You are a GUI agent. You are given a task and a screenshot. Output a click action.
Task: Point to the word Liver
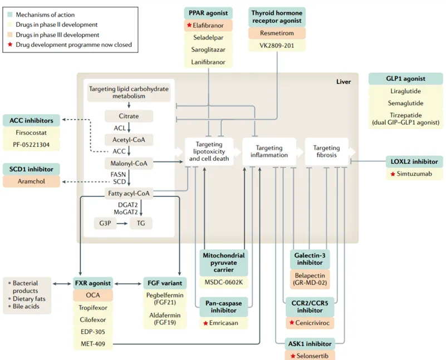click(x=344, y=82)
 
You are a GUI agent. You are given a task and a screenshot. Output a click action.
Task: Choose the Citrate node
click(x=128, y=116)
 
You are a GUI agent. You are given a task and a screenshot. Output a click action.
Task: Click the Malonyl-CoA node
click(x=128, y=163)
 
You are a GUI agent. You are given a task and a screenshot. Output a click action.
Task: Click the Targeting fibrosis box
click(x=326, y=151)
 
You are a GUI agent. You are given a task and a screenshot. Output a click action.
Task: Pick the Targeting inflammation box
click(x=269, y=151)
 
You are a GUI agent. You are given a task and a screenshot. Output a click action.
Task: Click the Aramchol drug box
click(x=31, y=182)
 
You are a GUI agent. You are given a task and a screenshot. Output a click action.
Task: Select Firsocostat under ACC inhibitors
click(x=31, y=134)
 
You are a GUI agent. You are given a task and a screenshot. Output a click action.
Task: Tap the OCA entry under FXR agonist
click(x=93, y=294)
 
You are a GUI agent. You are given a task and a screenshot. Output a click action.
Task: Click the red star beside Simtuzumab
click(x=393, y=175)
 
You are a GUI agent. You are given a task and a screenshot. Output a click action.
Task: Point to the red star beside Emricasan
click(x=205, y=323)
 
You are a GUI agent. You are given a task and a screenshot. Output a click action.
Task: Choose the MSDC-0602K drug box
click(x=224, y=282)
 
